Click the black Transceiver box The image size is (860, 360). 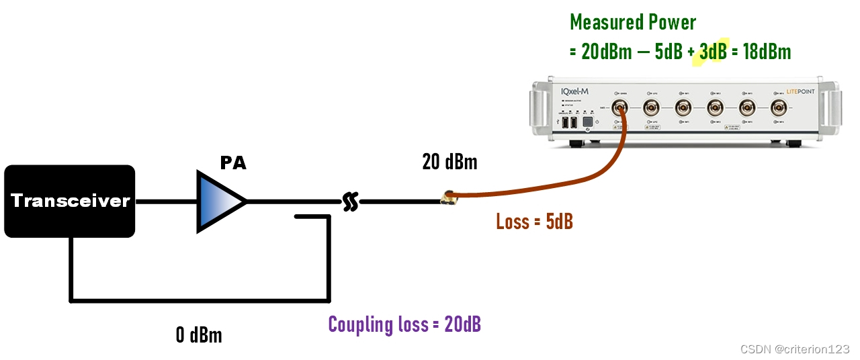[x=70, y=201]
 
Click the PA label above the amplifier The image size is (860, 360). [x=233, y=163]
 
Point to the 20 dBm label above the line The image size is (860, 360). [x=449, y=163]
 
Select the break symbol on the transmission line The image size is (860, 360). [x=349, y=201]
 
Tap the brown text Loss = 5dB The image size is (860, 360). [x=534, y=222]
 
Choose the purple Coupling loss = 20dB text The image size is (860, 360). [x=404, y=324]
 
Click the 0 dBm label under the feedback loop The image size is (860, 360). [x=199, y=334]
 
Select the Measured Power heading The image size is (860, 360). [x=633, y=22]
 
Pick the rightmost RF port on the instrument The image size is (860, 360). [x=779, y=107]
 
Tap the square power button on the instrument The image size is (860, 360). [x=587, y=123]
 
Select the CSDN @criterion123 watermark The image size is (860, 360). [x=795, y=349]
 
